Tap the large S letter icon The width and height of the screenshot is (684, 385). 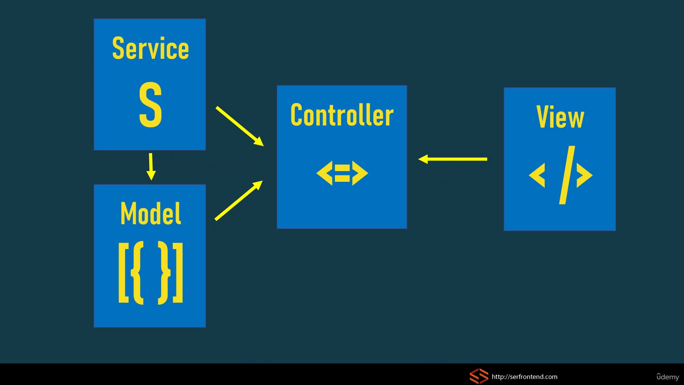point(150,104)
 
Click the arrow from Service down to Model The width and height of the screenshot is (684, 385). point(151,166)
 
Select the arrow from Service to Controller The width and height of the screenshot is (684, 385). point(240,126)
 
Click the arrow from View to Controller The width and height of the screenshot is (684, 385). point(452,159)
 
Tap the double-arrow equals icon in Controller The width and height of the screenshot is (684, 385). point(342,173)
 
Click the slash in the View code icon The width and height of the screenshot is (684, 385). point(567,175)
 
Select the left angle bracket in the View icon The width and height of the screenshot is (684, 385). point(537,175)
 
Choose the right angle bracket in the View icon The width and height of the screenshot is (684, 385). point(585,175)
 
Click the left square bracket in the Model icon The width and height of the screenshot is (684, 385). point(124,273)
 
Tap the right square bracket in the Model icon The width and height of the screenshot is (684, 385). point(178,273)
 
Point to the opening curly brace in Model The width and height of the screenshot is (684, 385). point(137,273)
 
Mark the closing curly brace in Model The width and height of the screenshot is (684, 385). point(164,273)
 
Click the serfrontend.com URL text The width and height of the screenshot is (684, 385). point(524,377)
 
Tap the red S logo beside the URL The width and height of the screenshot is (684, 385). point(479,376)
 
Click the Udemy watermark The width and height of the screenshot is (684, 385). point(668,377)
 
